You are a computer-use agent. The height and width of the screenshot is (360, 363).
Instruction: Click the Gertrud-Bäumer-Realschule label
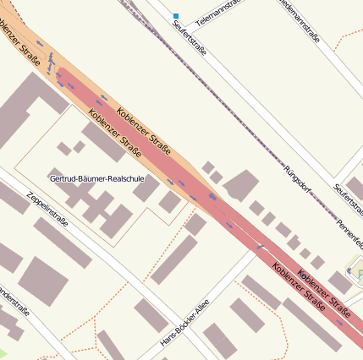96,179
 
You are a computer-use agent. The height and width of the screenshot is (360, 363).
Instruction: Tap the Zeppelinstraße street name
47,210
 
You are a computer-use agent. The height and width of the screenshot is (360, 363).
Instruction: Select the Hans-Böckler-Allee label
184,323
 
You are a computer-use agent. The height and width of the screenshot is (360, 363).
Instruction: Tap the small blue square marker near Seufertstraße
176,15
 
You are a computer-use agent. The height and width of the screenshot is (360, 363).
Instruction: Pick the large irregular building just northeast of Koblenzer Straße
241,185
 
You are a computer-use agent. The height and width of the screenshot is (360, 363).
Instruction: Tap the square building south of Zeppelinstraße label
43,279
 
